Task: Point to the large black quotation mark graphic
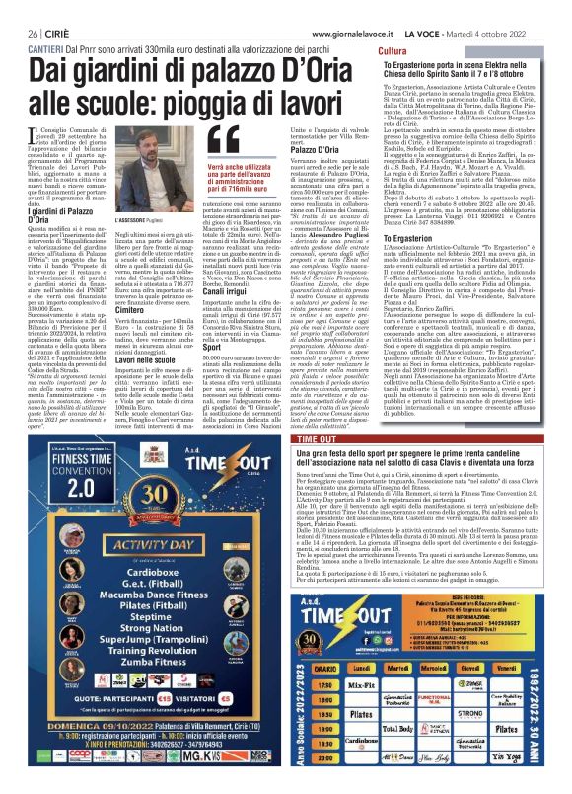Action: pyautogui.click(x=224, y=137)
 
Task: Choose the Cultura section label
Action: pyautogui.click(x=392, y=50)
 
